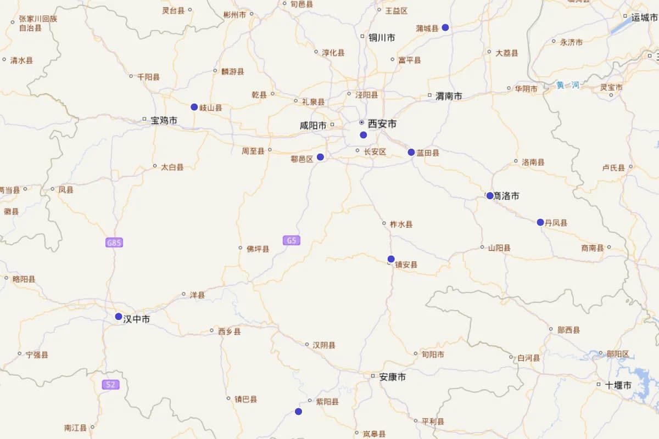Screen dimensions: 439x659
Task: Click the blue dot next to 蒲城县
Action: click(x=445, y=27)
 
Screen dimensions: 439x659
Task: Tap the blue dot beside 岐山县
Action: click(x=194, y=107)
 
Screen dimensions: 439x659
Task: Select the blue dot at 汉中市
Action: click(x=119, y=317)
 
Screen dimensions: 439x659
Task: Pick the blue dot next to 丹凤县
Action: click(x=540, y=222)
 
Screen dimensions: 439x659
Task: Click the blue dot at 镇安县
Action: click(x=391, y=259)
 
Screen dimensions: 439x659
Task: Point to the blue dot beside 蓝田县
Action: click(x=411, y=152)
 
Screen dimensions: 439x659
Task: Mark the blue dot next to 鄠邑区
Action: click(x=321, y=157)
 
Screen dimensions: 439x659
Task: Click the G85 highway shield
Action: click(x=114, y=243)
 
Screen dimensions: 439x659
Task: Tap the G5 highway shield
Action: click(x=292, y=240)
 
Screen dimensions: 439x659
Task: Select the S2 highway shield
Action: click(x=110, y=385)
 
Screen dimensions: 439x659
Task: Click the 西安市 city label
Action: click(x=382, y=124)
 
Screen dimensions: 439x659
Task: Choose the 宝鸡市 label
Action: click(x=164, y=120)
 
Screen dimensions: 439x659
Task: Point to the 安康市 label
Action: click(x=393, y=377)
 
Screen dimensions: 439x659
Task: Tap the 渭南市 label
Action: click(x=449, y=96)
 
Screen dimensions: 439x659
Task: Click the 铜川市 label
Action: click(x=382, y=38)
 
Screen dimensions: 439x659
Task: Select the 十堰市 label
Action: click(x=618, y=385)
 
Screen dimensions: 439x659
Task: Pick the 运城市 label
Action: click(x=644, y=18)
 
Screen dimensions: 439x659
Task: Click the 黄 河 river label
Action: click(x=568, y=85)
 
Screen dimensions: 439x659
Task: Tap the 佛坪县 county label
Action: click(x=258, y=249)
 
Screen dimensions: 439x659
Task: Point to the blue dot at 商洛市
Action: click(x=490, y=196)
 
